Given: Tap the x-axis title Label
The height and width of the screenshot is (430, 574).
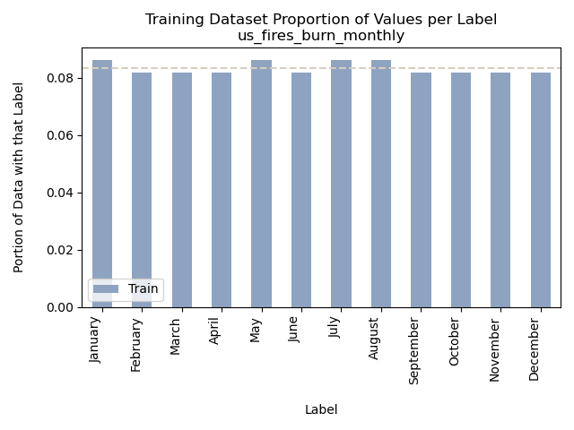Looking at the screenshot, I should [x=321, y=409].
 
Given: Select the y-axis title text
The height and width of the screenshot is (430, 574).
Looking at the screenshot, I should [x=19, y=176].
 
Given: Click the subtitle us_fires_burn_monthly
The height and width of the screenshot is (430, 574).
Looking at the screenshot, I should [x=321, y=36].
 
